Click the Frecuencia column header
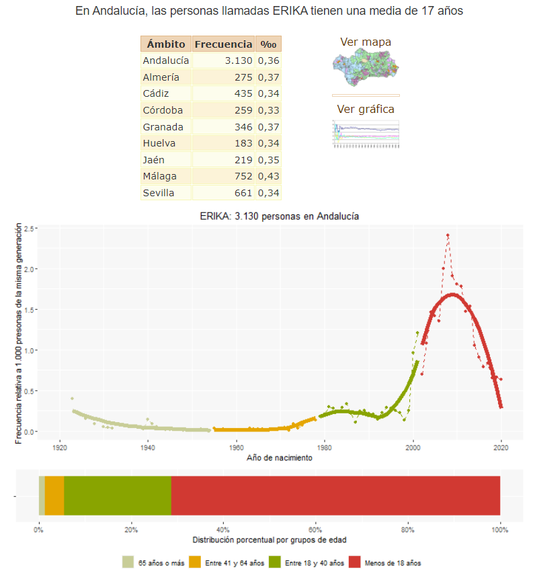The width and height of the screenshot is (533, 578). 223,44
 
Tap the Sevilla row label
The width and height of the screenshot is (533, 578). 159,194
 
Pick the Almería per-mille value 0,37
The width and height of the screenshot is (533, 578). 268,77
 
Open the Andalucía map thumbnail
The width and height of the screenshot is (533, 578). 366,67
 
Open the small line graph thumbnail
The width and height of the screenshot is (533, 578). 366,134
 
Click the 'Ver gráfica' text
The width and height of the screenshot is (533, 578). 366,110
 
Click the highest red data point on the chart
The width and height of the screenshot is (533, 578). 448,235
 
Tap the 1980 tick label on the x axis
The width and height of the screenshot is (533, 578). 325,447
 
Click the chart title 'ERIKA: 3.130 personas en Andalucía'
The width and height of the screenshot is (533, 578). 280,217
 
